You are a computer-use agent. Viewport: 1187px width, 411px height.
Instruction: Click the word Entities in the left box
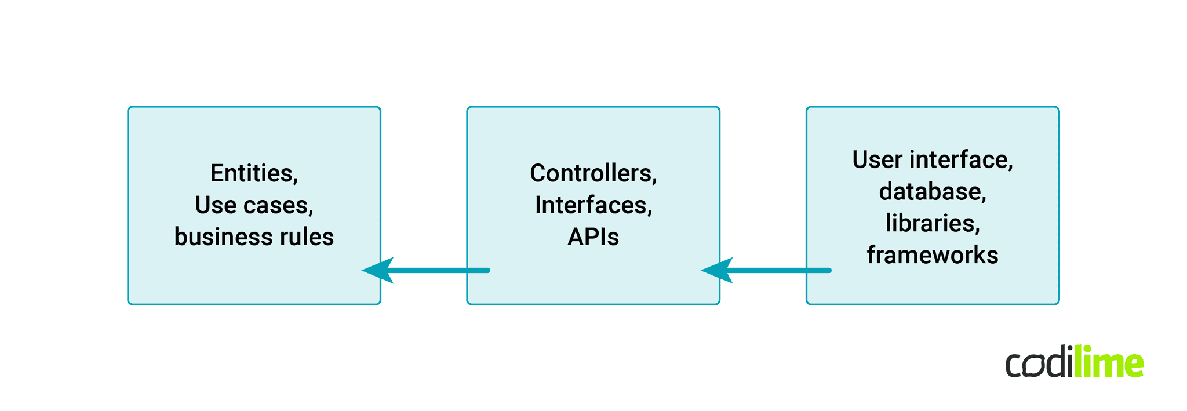click(253, 173)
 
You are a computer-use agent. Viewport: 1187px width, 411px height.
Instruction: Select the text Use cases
click(254, 205)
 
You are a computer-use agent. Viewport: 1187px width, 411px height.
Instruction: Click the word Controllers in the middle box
click(592, 173)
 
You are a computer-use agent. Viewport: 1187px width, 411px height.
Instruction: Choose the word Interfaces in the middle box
click(592, 205)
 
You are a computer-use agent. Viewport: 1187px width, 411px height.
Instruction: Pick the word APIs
click(593, 237)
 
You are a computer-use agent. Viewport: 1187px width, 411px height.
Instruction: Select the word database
click(931, 192)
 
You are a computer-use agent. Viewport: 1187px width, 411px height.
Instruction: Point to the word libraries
click(931, 223)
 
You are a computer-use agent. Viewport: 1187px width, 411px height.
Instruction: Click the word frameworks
click(933, 255)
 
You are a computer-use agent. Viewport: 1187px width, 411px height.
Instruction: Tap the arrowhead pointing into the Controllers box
click(718, 271)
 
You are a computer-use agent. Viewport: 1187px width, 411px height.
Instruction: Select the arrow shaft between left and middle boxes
click(440, 271)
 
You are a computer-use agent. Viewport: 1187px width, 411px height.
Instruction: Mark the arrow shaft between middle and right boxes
click(780, 271)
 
